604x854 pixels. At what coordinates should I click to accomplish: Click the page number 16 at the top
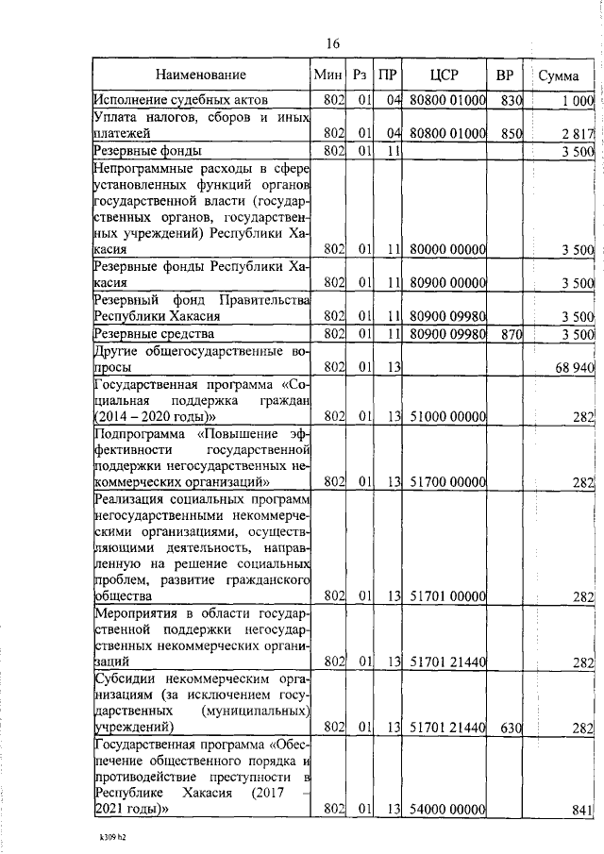[331, 43]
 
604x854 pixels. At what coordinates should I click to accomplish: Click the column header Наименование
[201, 75]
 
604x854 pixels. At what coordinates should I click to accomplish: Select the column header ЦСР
[443, 75]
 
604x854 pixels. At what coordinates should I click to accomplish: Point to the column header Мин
[326, 75]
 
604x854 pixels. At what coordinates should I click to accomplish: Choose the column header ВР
[504, 75]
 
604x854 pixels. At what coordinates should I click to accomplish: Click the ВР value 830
[512, 99]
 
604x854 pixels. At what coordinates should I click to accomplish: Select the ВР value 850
[512, 133]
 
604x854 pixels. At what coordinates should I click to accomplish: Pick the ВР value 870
[512, 333]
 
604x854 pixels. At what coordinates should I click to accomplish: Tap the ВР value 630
[512, 727]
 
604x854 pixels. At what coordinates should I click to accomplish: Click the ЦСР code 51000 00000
[447, 416]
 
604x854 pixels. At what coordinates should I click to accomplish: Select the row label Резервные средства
[153, 333]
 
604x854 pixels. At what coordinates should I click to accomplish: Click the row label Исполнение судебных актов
[180, 99]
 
